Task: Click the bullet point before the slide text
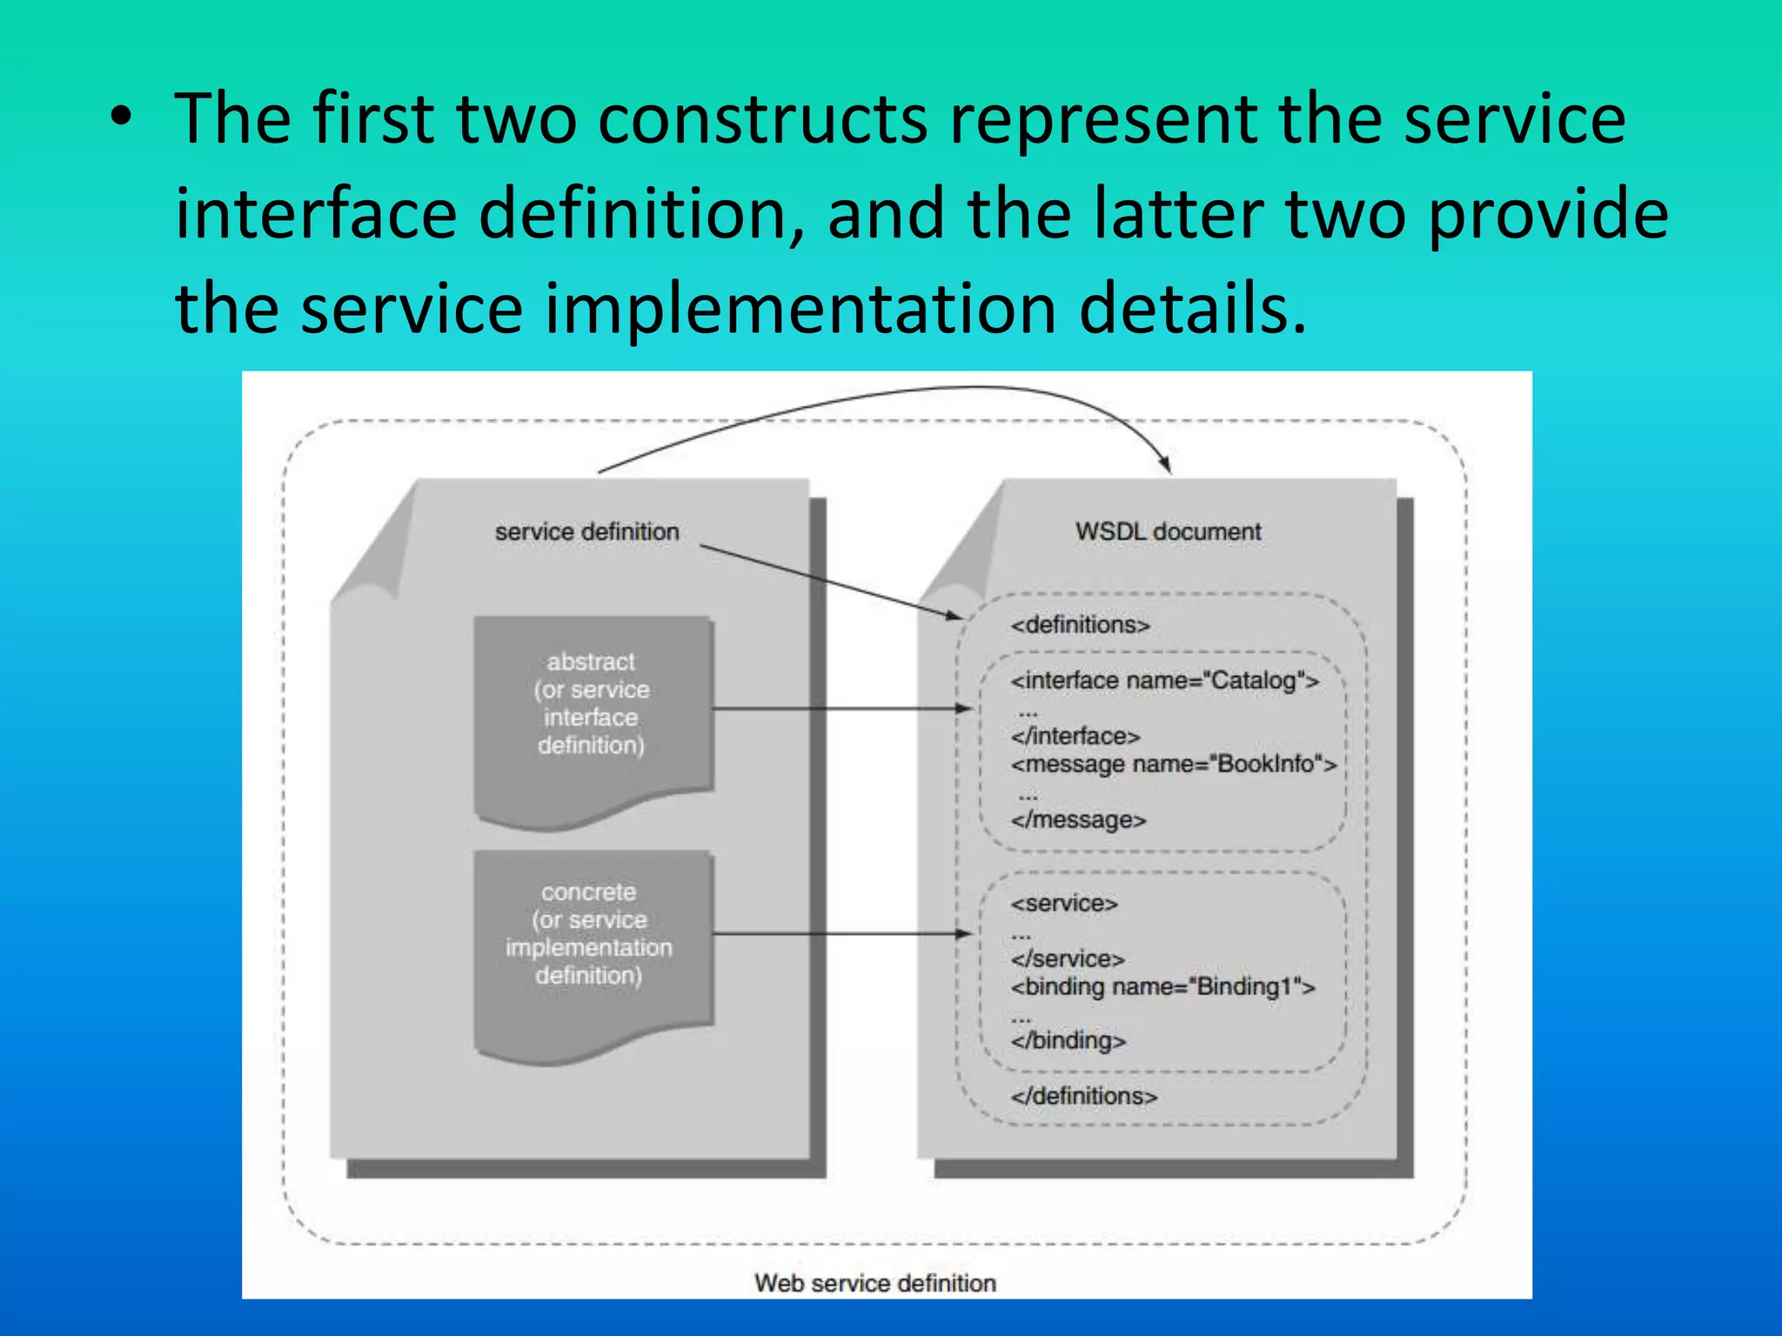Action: (122, 121)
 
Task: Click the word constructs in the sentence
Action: (762, 119)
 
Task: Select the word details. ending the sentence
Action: (1193, 309)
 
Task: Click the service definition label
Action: (586, 531)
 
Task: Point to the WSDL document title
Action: (1168, 531)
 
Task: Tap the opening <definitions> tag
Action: (1080, 625)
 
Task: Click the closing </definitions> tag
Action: (1083, 1096)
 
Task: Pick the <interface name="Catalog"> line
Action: (1164, 680)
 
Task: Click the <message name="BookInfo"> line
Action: (1173, 765)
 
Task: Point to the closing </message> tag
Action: (1078, 820)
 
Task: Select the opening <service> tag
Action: (1063, 904)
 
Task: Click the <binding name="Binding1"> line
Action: (1162, 987)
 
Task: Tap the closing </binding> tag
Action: (1068, 1041)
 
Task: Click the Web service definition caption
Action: (874, 1283)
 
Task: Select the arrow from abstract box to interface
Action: (840, 709)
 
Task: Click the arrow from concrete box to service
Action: (840, 934)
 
